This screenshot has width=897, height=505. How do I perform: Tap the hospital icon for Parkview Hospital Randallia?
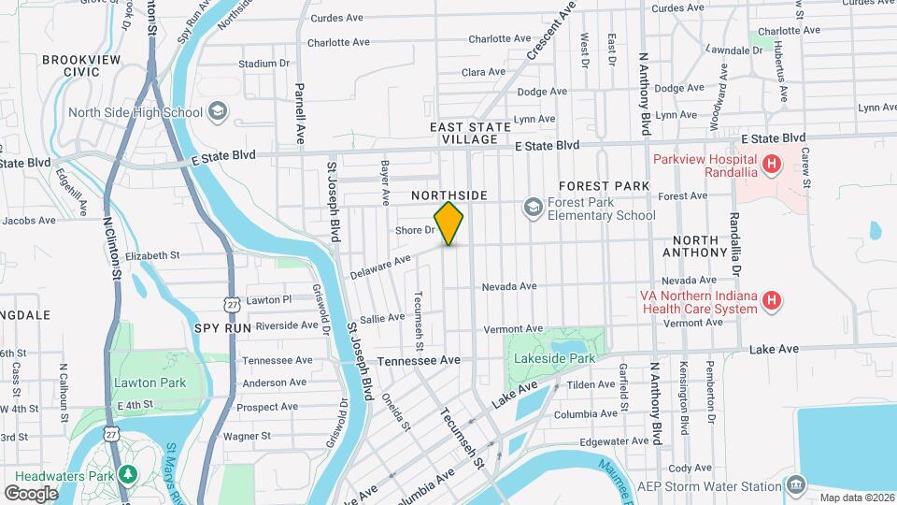pos(771,166)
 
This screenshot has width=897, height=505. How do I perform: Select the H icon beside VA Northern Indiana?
pos(772,300)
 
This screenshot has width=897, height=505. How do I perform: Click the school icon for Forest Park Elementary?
pos(533,207)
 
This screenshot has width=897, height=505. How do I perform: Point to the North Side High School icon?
pos(217,112)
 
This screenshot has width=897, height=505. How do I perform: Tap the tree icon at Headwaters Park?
pos(126,474)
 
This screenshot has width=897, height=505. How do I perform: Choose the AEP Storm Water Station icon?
pos(795,485)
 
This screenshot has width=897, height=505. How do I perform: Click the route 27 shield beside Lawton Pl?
pos(232,304)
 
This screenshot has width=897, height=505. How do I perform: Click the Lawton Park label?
pos(149,382)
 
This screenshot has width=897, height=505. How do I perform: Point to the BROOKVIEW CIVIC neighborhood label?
pos(70,65)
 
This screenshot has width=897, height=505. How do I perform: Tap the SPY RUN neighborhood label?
pos(222,328)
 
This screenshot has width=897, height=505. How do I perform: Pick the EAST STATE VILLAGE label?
pos(470,133)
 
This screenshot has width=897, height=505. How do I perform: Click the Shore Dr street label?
pos(416,230)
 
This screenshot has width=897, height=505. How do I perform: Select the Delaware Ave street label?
pos(380,267)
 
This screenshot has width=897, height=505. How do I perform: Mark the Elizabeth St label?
pos(151,255)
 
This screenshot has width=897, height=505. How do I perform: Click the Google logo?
pos(31,493)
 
